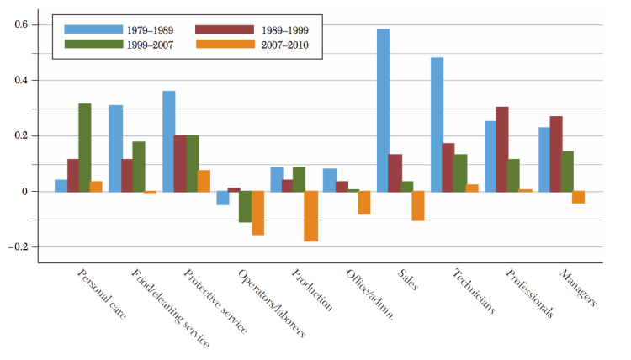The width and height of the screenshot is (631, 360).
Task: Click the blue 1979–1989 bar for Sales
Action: coord(383,110)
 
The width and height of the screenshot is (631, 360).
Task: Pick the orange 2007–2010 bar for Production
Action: coord(311,216)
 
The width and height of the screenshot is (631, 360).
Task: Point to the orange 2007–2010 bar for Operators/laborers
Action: coord(257,213)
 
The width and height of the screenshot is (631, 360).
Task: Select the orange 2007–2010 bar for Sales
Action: coord(418,206)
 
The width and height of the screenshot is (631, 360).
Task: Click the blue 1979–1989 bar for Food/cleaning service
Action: coord(115,148)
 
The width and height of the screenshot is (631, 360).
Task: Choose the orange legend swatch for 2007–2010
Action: coord(221,45)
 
